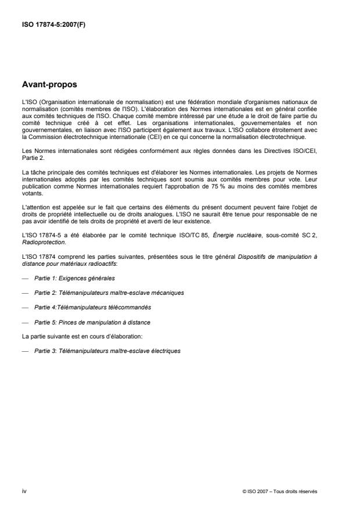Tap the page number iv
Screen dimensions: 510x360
(x=24, y=491)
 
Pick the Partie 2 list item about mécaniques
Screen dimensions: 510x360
(x=109, y=293)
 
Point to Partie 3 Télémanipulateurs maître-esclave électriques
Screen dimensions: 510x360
(x=108, y=351)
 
